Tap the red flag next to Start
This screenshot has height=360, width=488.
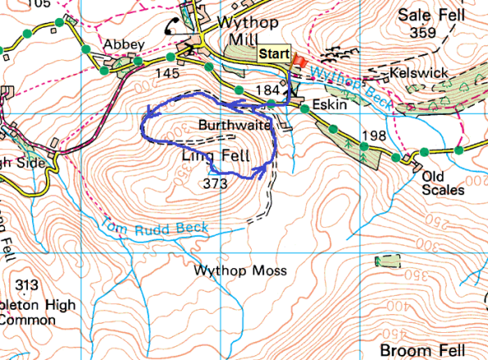coord(300,62)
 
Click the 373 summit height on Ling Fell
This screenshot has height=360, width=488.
coord(214,184)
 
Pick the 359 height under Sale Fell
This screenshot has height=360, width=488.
coord(423,33)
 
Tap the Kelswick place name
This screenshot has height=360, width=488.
coord(419,73)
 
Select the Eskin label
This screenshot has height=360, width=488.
coord(326,107)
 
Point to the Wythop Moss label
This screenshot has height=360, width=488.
coord(232,269)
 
